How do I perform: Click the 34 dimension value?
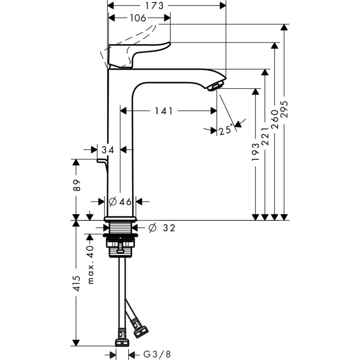pyautogui.click(x=108, y=150)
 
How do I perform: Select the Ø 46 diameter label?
pyautogui.click(x=120, y=202)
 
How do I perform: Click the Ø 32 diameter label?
pyautogui.click(x=162, y=228)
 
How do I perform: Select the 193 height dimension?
pyautogui.click(x=255, y=151)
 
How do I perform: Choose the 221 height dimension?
pyautogui.click(x=265, y=136)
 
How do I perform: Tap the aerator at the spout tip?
pyautogui.click(x=215, y=86)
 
